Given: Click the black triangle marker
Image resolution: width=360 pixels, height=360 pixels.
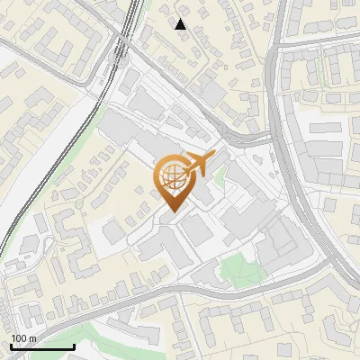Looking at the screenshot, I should [x=181, y=24].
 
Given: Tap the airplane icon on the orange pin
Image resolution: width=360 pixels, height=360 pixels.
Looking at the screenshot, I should [x=199, y=164].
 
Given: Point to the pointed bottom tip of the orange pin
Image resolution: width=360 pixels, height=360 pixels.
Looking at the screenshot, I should [x=170, y=211].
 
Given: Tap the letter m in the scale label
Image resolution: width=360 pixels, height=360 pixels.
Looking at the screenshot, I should [x=32, y=339].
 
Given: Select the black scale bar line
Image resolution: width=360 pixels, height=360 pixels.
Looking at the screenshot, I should [x=41, y=346].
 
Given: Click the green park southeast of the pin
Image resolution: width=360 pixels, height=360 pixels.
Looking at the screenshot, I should [x=236, y=267].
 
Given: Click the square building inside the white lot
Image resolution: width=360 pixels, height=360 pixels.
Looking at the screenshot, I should [x=116, y=233].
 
